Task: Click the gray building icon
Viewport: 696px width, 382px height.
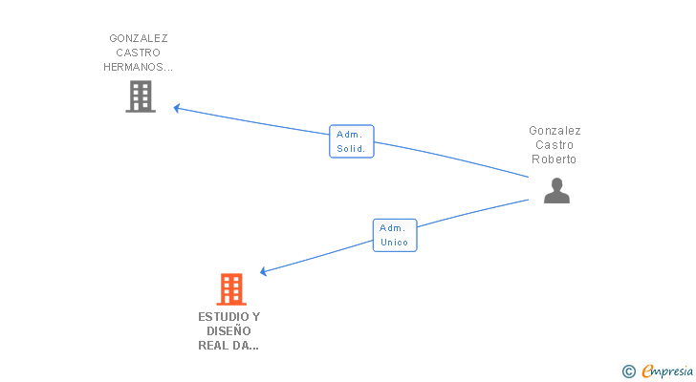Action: [141, 96]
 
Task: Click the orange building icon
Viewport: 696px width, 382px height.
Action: [231, 289]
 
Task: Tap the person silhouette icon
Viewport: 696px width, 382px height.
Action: [556, 191]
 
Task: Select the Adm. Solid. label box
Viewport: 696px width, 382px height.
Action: [352, 141]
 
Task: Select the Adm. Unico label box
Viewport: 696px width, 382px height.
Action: [395, 235]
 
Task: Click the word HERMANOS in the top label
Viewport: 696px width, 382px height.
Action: [132, 67]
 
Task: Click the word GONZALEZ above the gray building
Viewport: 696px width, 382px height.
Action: [139, 38]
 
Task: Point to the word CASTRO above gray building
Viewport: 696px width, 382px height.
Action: [138, 53]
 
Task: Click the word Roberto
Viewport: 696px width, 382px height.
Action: [554, 159]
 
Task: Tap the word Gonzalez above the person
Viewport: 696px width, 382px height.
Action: [555, 131]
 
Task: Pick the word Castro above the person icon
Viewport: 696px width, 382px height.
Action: [555, 145]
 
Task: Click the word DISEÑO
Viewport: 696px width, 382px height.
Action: [228, 331]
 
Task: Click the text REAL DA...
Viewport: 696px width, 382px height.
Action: [224, 346]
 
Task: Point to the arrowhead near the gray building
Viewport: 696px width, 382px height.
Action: [176, 108]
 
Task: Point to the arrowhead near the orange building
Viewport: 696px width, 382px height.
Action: [263, 271]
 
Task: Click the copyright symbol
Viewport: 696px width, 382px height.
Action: [628, 371]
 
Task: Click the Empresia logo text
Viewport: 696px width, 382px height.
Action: [667, 371]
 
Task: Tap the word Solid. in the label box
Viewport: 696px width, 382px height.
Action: [351, 149]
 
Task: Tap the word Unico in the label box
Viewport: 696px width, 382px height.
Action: [394, 243]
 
